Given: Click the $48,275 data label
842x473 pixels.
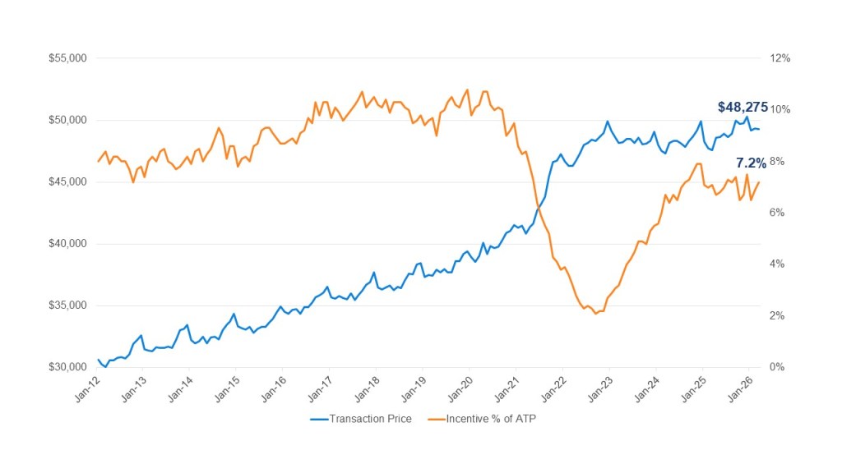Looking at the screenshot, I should (743, 107).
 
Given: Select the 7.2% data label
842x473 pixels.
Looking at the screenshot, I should (751, 163).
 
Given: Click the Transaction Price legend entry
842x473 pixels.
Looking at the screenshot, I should (370, 419).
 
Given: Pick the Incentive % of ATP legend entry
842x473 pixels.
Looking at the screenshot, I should (491, 419).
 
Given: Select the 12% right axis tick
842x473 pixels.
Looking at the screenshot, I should (780, 58).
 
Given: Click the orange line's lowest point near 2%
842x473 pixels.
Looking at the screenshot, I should (595, 314).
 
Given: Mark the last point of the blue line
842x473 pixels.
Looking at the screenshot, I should (759, 129).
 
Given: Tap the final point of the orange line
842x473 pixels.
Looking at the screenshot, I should (759, 182).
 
